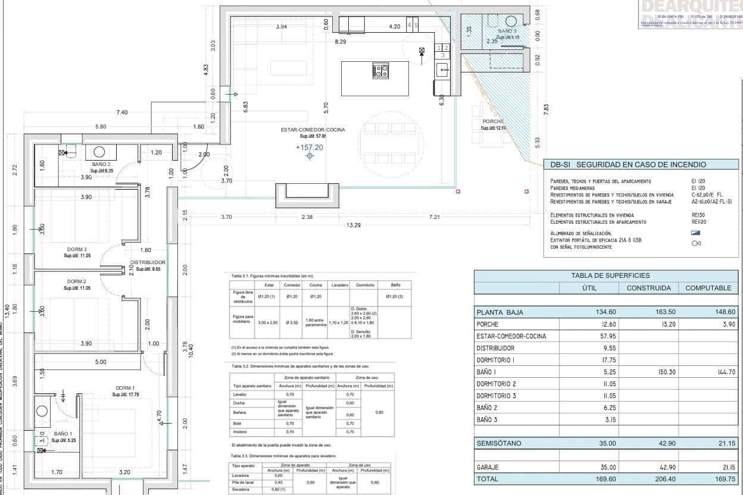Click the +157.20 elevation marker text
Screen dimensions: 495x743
(310, 148)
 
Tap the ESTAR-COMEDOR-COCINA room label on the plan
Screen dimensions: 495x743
(313, 130)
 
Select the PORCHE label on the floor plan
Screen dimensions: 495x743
(493, 121)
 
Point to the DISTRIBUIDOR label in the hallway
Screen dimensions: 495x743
(148, 262)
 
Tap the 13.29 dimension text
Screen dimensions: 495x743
(354, 225)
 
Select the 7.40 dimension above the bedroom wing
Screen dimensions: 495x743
(121, 112)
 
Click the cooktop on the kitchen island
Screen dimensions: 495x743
(380, 71)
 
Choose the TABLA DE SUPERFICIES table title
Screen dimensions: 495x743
(611, 275)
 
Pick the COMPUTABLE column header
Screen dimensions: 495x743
(708, 288)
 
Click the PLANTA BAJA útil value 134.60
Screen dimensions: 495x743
(605, 312)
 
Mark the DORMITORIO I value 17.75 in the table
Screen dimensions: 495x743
(606, 360)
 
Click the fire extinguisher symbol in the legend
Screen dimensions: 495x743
(696, 243)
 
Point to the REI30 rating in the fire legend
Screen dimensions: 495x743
(692, 215)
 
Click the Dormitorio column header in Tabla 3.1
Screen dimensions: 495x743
(363, 285)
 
